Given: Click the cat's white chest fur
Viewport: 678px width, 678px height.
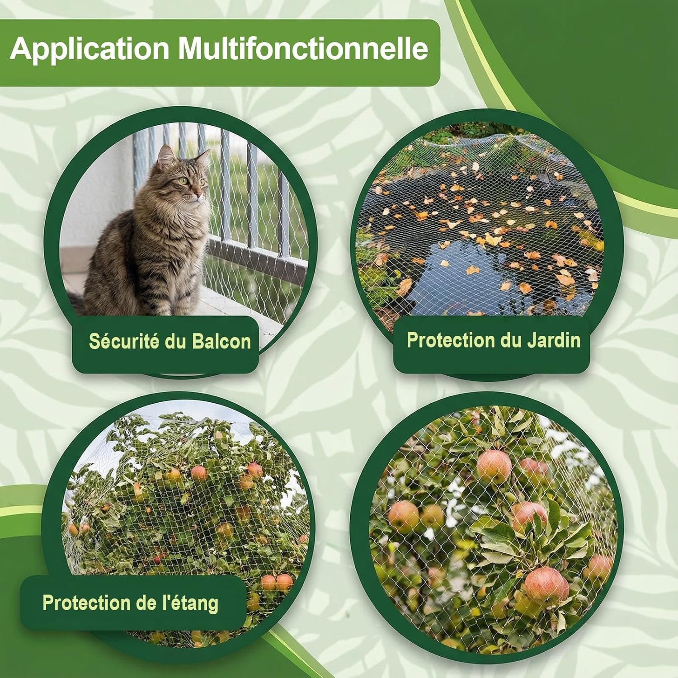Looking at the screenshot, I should point(192,226).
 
